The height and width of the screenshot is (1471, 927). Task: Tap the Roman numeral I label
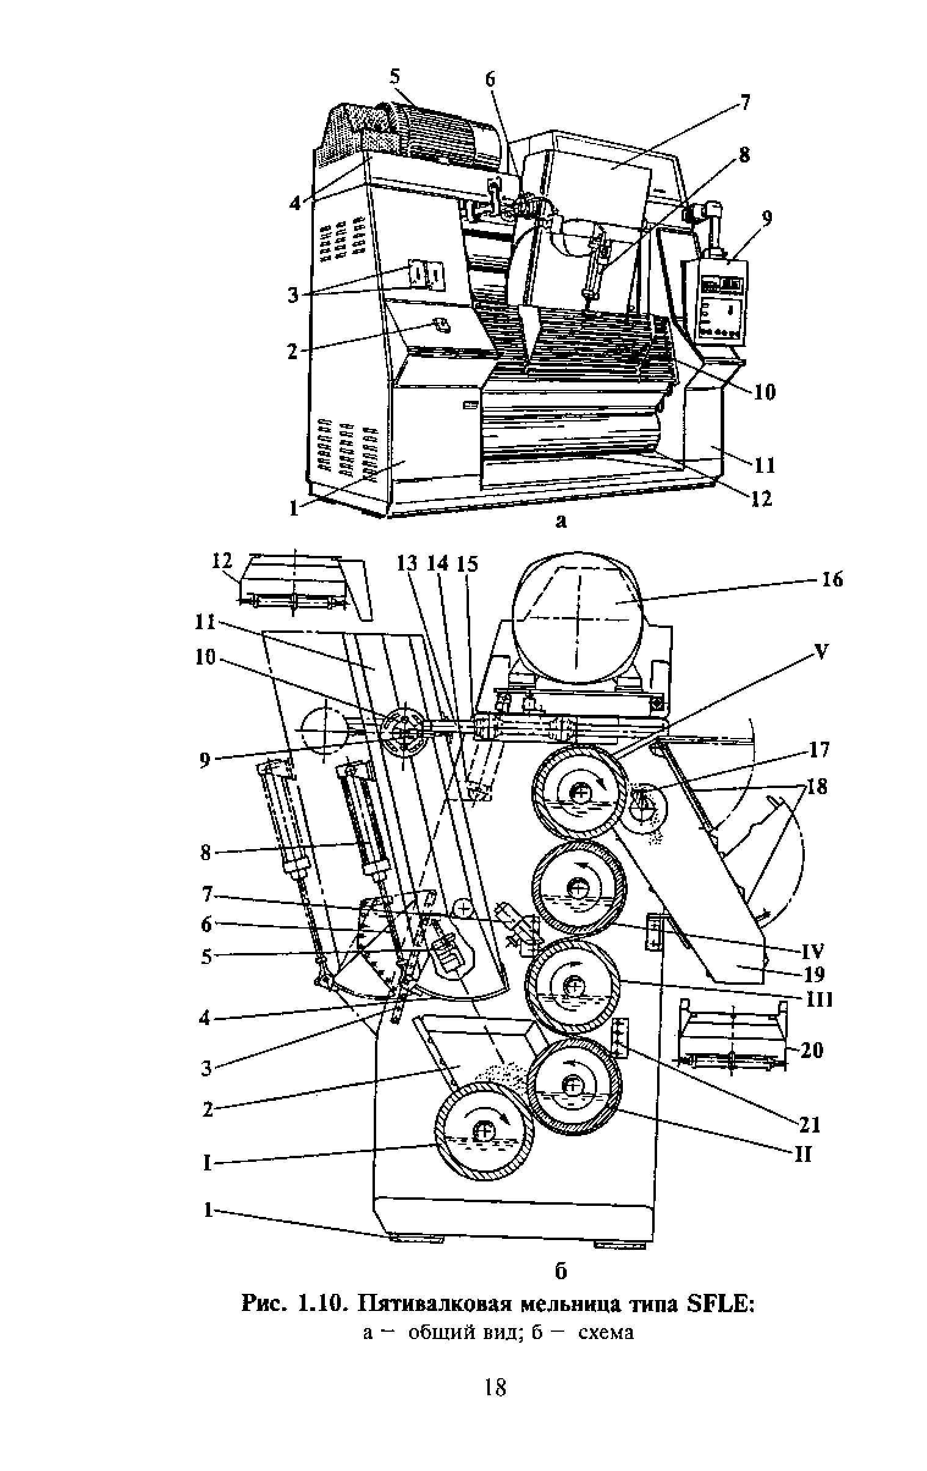(x=207, y=1163)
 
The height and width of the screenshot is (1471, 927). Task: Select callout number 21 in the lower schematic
(x=809, y=1124)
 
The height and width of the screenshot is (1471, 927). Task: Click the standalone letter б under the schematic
(x=561, y=1270)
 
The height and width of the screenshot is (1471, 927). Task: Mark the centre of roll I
(x=484, y=1131)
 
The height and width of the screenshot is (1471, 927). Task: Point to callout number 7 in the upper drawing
(x=744, y=101)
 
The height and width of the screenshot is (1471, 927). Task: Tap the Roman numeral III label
(x=820, y=1000)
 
